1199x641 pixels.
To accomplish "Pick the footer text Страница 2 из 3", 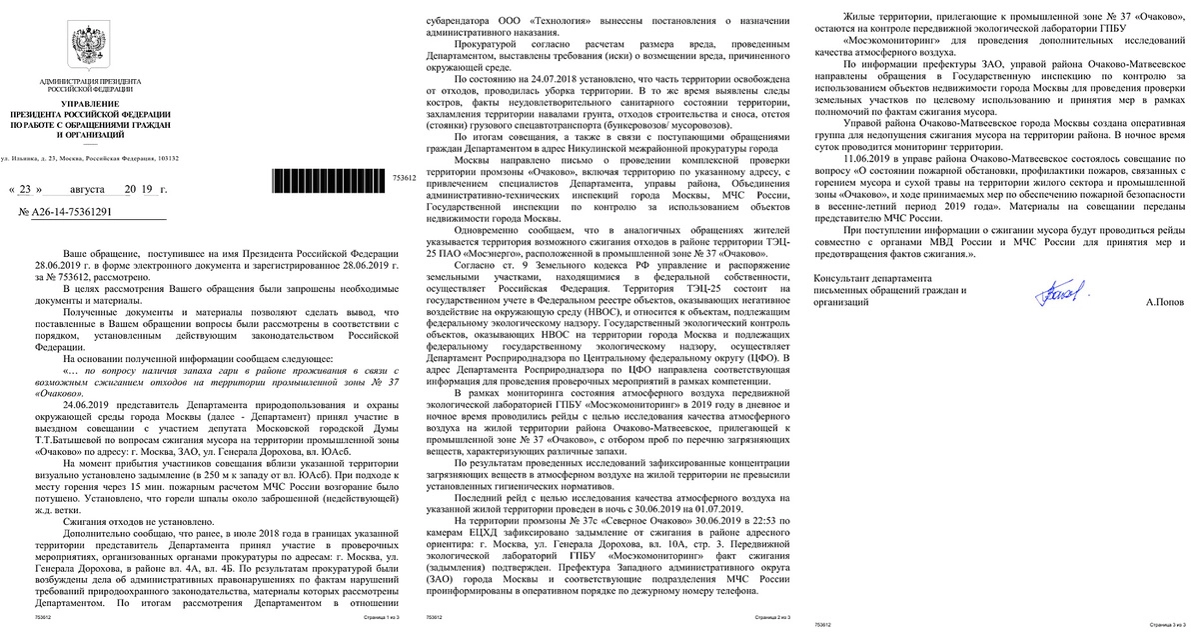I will click(x=766, y=619).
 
